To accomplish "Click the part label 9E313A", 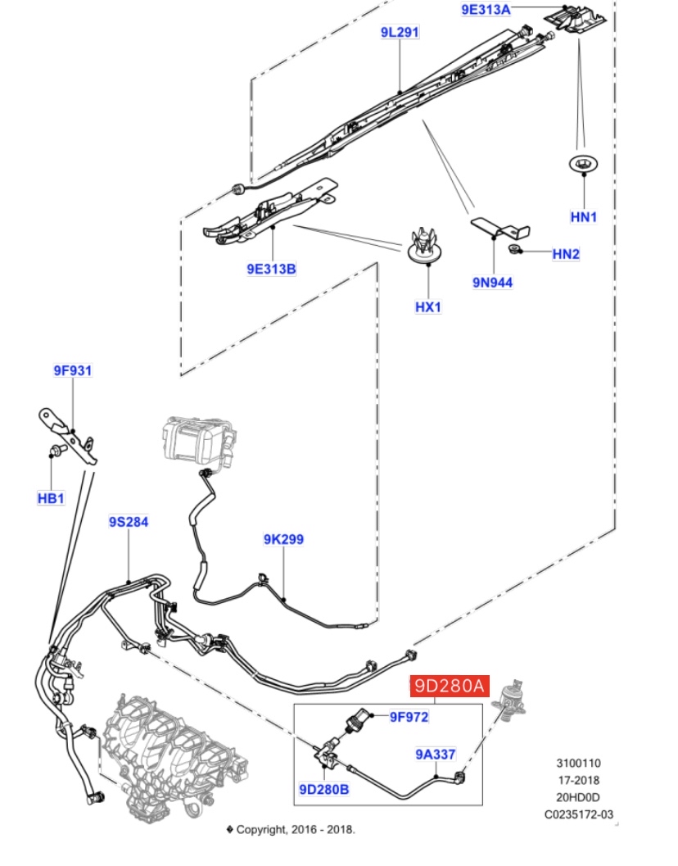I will coord(486,10).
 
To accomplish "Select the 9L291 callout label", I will coord(400,33).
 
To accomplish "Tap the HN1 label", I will coord(584,217).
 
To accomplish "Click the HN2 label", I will coord(566,254).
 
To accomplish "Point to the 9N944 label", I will coord(492,283).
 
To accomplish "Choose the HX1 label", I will coord(428,307).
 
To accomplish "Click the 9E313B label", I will coord(271,268).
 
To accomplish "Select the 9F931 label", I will coord(73,370).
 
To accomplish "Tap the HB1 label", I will coord(51,497).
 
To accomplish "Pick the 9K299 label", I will coord(283,539).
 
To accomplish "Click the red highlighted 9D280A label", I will coord(450,686).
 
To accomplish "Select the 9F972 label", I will coord(409,717).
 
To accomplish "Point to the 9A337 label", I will coord(435,754).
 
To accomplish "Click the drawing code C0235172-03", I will coord(579,814).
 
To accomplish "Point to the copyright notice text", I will coord(291,829).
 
